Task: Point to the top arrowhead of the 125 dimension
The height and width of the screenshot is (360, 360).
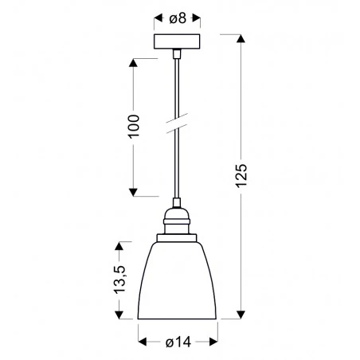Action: coord(241,37)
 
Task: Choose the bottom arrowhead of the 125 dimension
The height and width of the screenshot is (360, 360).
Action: coord(241,315)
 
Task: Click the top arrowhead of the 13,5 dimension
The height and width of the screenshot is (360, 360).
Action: coord(121,243)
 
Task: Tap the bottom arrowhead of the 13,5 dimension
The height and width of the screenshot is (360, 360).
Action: coord(121,315)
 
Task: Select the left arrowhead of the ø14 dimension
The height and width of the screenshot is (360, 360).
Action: coord(143,342)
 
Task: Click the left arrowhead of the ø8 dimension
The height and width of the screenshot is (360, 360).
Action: coord(157,15)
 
